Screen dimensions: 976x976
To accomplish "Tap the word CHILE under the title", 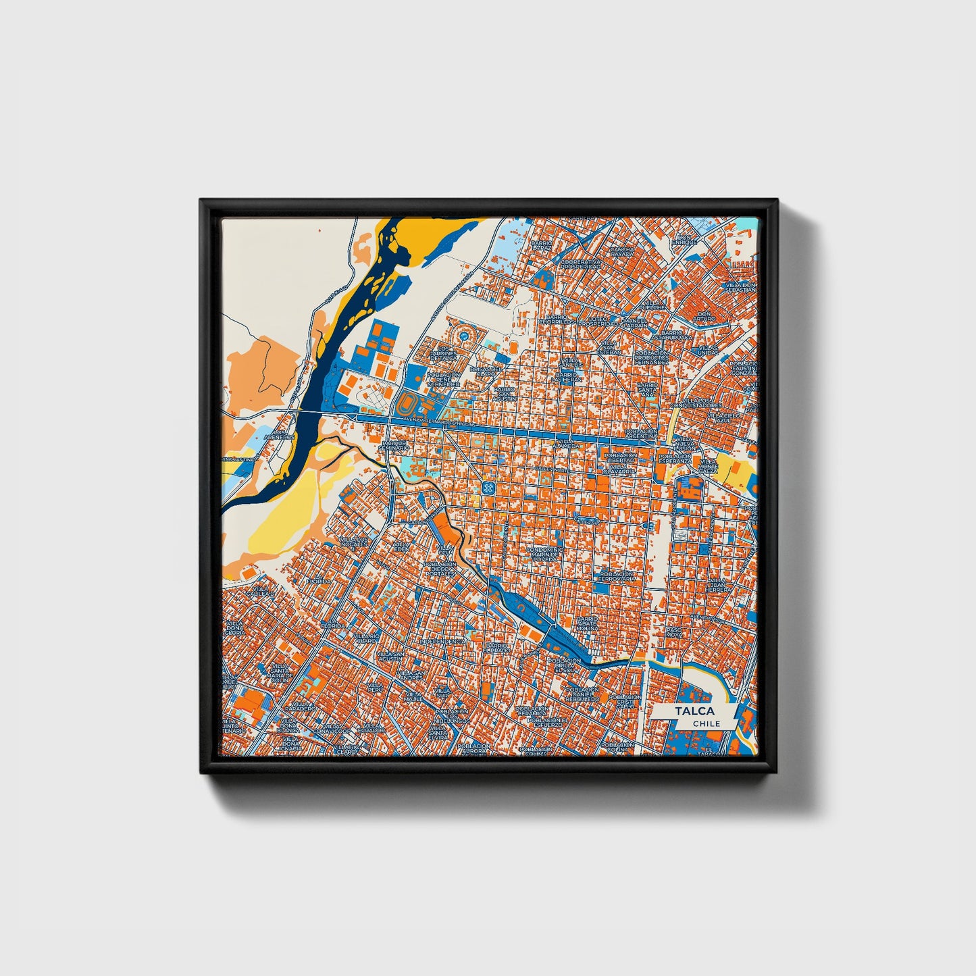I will coord(706,723).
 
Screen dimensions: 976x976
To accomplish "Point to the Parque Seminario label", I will coord(394,446).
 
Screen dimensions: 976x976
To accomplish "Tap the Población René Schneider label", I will coord(442,379).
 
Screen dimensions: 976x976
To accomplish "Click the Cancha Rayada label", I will coord(622,252).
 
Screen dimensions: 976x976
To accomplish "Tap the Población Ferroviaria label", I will coord(617,576).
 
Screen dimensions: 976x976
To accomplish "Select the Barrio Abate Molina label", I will coord(588,623).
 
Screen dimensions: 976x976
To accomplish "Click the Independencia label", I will coord(443,640).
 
